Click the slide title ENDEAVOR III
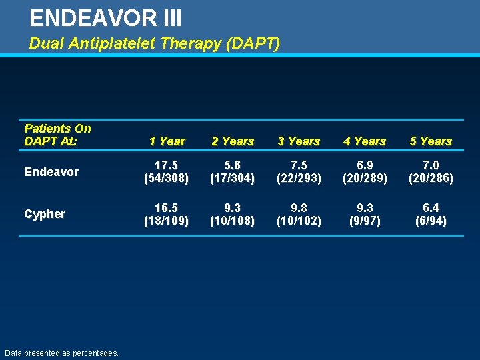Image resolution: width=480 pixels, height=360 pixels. pos(106,18)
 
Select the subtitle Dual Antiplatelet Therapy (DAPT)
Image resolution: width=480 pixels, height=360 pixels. pos(154,44)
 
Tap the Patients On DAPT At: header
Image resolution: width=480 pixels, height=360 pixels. pos(57,135)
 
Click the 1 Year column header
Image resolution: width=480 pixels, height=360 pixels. pos(167,141)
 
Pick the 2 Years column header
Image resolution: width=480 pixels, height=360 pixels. pos(233,141)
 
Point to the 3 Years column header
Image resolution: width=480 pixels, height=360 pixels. pos(299,141)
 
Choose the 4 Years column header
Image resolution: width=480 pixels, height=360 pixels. pos(365,141)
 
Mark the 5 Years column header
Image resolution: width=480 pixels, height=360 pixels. pos(431,141)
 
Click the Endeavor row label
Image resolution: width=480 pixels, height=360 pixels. pos(51,172)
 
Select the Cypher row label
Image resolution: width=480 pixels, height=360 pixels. pos(45,214)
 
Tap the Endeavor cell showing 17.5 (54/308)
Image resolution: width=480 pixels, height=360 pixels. pos(167,171)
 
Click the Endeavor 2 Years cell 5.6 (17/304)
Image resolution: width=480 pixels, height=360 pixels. pos(233,171)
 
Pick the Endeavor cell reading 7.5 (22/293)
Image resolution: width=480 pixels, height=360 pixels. pos(299,171)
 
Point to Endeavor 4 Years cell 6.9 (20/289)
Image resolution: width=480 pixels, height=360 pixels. pos(365,171)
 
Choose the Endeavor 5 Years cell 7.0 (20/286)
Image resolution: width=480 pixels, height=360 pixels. pos(431,171)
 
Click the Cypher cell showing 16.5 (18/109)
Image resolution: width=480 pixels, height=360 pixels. pos(167,213)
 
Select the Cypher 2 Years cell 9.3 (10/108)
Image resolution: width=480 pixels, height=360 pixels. pos(233,213)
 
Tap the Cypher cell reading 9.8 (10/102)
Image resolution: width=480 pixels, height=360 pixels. pos(299,213)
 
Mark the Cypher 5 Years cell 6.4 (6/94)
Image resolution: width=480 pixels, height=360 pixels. pos(431,213)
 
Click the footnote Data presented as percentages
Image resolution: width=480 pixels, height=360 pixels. pos(61,353)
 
